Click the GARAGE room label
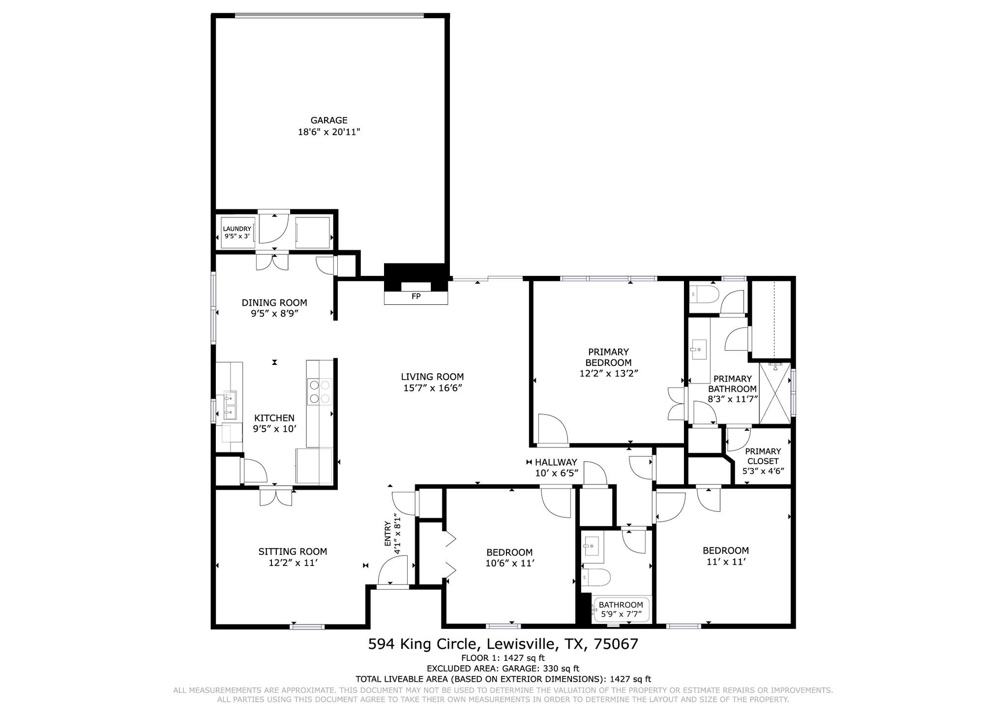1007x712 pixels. pyautogui.click(x=328, y=120)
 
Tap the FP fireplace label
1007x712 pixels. pyautogui.click(x=416, y=297)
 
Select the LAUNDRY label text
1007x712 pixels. pyautogui.click(x=237, y=229)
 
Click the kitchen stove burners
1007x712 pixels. pyautogui.click(x=320, y=391)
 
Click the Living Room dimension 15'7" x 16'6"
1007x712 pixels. pyautogui.click(x=432, y=388)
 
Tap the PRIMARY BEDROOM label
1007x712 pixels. pyautogui.click(x=608, y=357)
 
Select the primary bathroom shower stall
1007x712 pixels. pyautogui.click(x=775, y=393)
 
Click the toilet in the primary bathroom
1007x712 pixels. pyautogui.click(x=704, y=296)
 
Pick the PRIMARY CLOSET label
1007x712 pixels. pyautogui.click(x=763, y=456)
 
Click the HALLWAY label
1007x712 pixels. pyautogui.click(x=556, y=462)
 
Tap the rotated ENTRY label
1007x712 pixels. pyautogui.click(x=387, y=534)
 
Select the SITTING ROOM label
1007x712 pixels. pyautogui.click(x=293, y=552)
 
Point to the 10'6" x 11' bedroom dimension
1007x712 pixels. pyautogui.click(x=509, y=564)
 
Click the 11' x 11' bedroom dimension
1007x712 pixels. pyautogui.click(x=726, y=562)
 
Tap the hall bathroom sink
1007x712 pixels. pyautogui.click(x=592, y=546)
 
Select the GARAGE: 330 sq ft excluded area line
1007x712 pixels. pyautogui.click(x=503, y=669)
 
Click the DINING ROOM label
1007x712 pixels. pyautogui.click(x=274, y=303)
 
